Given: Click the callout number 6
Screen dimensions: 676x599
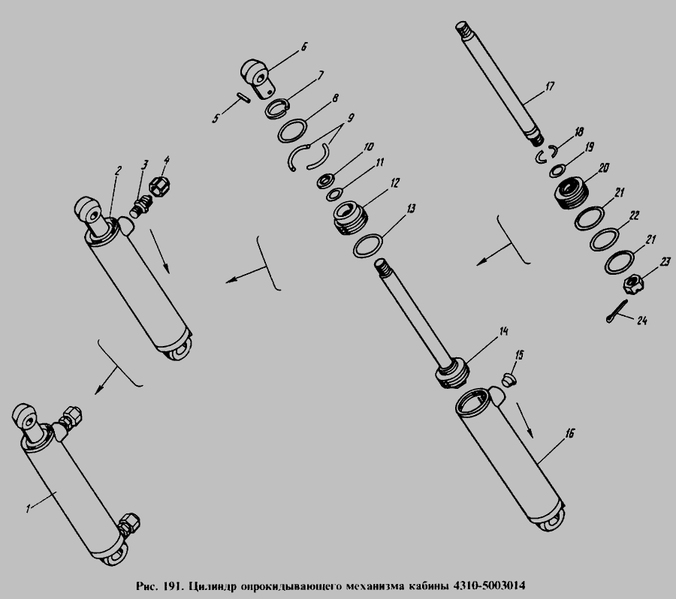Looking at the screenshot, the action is coord(303,47).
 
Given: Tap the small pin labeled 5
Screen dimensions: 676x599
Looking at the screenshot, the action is coord(244,98).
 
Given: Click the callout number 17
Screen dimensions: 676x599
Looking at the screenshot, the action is coord(550,86).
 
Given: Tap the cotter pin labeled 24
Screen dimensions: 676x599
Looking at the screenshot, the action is coord(616,312).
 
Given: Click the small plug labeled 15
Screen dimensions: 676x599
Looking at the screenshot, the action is coord(509,380).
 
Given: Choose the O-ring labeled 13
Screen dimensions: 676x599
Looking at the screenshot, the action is coord(368,245).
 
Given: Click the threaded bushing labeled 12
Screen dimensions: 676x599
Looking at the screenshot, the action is coord(351,218).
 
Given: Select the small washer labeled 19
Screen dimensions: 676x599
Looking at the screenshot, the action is coord(556,170).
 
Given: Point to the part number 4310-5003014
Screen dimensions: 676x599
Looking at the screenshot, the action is coord(488,586).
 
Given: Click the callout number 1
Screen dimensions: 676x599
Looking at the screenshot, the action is coord(28,508).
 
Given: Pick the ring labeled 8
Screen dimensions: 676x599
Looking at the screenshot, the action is coord(292,131).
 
